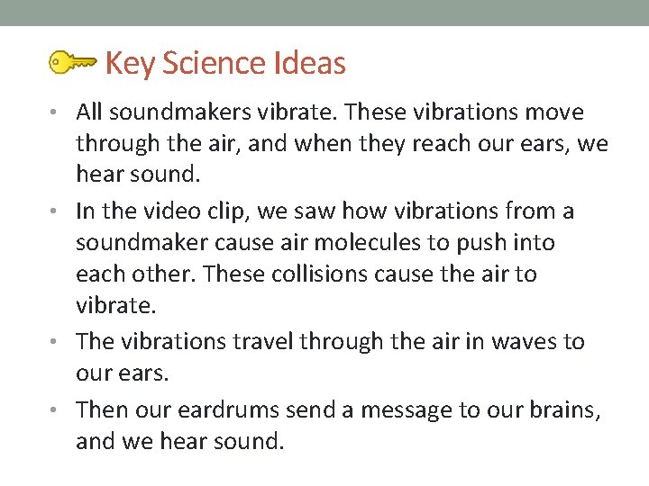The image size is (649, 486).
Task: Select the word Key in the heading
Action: click(130, 64)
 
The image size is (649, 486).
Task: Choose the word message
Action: click(397, 410)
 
